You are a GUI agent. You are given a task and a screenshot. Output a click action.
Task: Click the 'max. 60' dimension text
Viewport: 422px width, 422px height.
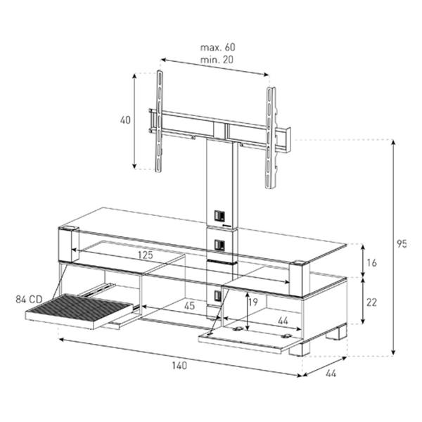217,47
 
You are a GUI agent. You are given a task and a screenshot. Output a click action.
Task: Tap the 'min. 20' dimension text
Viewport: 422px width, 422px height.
217,60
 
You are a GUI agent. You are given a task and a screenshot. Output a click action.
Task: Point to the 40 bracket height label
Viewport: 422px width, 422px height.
125,120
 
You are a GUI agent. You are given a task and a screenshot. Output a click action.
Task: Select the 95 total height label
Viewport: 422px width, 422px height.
402,244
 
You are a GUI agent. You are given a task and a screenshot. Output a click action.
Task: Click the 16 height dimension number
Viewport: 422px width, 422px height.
371,262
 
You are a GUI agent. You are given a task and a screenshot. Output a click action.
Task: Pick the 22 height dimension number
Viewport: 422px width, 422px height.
371,302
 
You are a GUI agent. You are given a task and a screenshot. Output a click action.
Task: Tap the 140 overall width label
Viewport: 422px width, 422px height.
179,366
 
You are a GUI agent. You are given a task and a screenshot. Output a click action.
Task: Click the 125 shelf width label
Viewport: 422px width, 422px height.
146,255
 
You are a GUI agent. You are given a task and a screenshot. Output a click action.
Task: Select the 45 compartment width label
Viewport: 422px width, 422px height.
189,306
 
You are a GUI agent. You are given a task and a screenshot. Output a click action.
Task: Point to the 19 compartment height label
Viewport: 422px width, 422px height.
253,302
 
